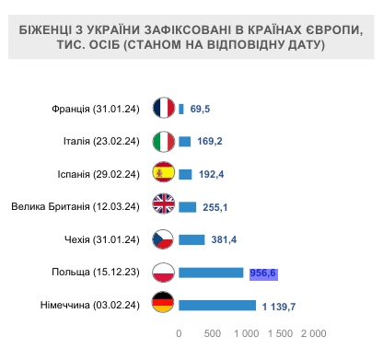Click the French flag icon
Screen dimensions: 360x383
[x=164, y=109]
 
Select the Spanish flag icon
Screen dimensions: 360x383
[x=164, y=173]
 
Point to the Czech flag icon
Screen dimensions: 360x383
[x=164, y=239]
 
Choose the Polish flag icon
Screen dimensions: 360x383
[x=164, y=273]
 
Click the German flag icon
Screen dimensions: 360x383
[x=164, y=305]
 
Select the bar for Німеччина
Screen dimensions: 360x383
[x=216, y=305]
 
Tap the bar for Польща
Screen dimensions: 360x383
[x=211, y=273]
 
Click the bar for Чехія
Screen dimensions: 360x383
[x=191, y=239]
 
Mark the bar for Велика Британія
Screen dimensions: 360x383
[x=188, y=206]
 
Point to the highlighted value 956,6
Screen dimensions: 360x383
[x=263, y=273]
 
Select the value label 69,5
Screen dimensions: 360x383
[x=201, y=109]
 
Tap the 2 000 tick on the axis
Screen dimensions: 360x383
[x=313, y=332]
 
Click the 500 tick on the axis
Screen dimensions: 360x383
[x=213, y=332]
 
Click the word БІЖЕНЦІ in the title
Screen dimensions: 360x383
[x=50, y=30]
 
